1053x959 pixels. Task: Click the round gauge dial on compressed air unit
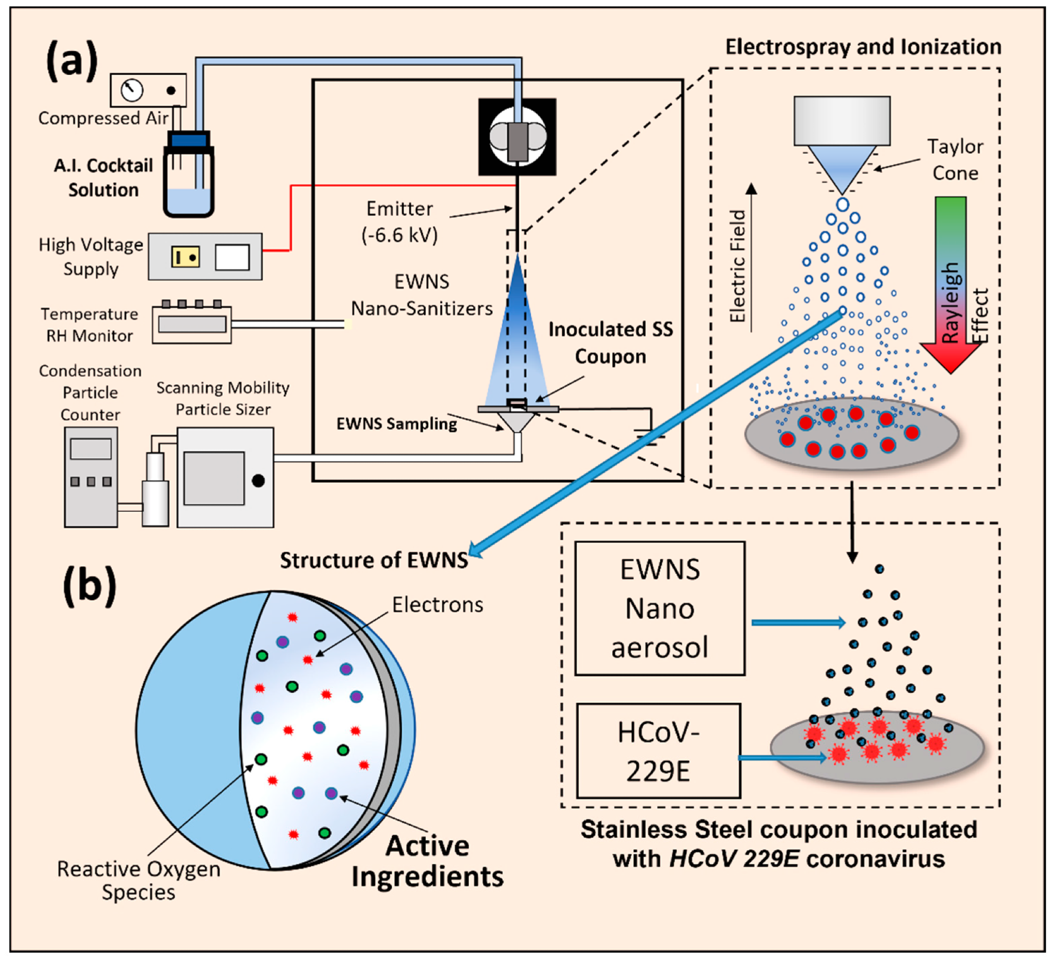point(132,90)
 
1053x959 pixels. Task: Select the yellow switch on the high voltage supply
point(185,257)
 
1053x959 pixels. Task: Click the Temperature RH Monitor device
point(192,324)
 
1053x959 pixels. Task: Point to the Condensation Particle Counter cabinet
point(91,477)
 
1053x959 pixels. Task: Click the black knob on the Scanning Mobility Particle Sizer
point(258,480)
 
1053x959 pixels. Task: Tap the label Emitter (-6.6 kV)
point(400,221)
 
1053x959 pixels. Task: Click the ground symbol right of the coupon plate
point(650,435)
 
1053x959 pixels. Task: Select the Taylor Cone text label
point(955,159)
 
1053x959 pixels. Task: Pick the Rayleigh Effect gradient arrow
point(950,284)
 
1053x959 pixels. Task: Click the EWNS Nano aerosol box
point(660,608)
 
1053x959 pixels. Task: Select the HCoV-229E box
point(658,751)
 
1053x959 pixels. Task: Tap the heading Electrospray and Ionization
point(863,47)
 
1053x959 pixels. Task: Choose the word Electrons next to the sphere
point(438,604)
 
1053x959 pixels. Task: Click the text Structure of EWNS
point(374,560)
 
